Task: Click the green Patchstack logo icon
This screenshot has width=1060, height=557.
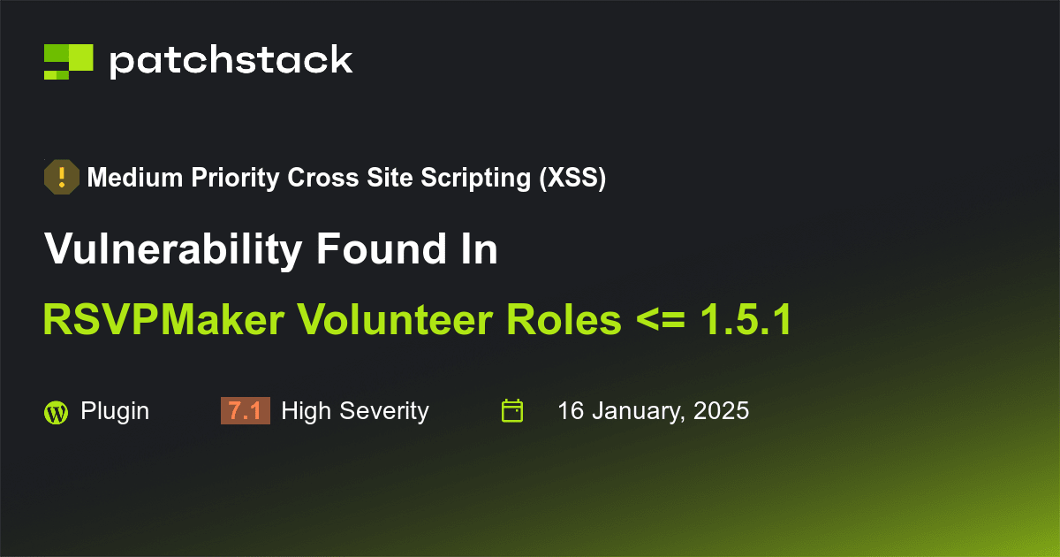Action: pyautogui.click(x=68, y=61)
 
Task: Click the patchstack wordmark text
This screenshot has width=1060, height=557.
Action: pyautogui.click(x=231, y=61)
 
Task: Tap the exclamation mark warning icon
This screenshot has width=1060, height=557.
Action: pyautogui.click(x=62, y=178)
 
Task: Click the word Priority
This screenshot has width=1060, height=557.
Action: pyautogui.click(x=234, y=179)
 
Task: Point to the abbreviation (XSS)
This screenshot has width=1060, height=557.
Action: pyautogui.click(x=572, y=179)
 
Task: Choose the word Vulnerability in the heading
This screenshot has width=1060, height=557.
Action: pyautogui.click(x=172, y=250)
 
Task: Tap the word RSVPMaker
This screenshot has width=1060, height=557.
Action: pyautogui.click(x=163, y=320)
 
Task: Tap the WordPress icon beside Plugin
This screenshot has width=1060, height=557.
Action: pyautogui.click(x=56, y=412)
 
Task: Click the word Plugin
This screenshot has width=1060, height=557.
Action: pyautogui.click(x=115, y=411)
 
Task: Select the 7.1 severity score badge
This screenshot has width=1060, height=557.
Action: pyautogui.click(x=245, y=411)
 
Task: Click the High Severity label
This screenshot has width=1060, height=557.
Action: pyautogui.click(x=354, y=411)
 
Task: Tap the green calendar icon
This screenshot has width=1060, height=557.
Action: pyautogui.click(x=512, y=411)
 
